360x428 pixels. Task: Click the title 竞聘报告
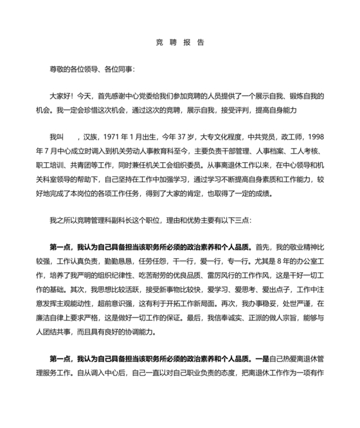click(180, 42)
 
